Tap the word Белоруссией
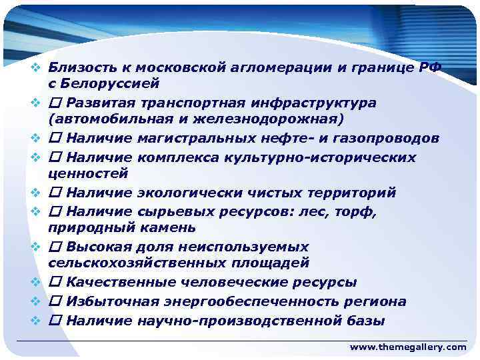coord(109,83)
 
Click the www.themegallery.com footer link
coord(408,347)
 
